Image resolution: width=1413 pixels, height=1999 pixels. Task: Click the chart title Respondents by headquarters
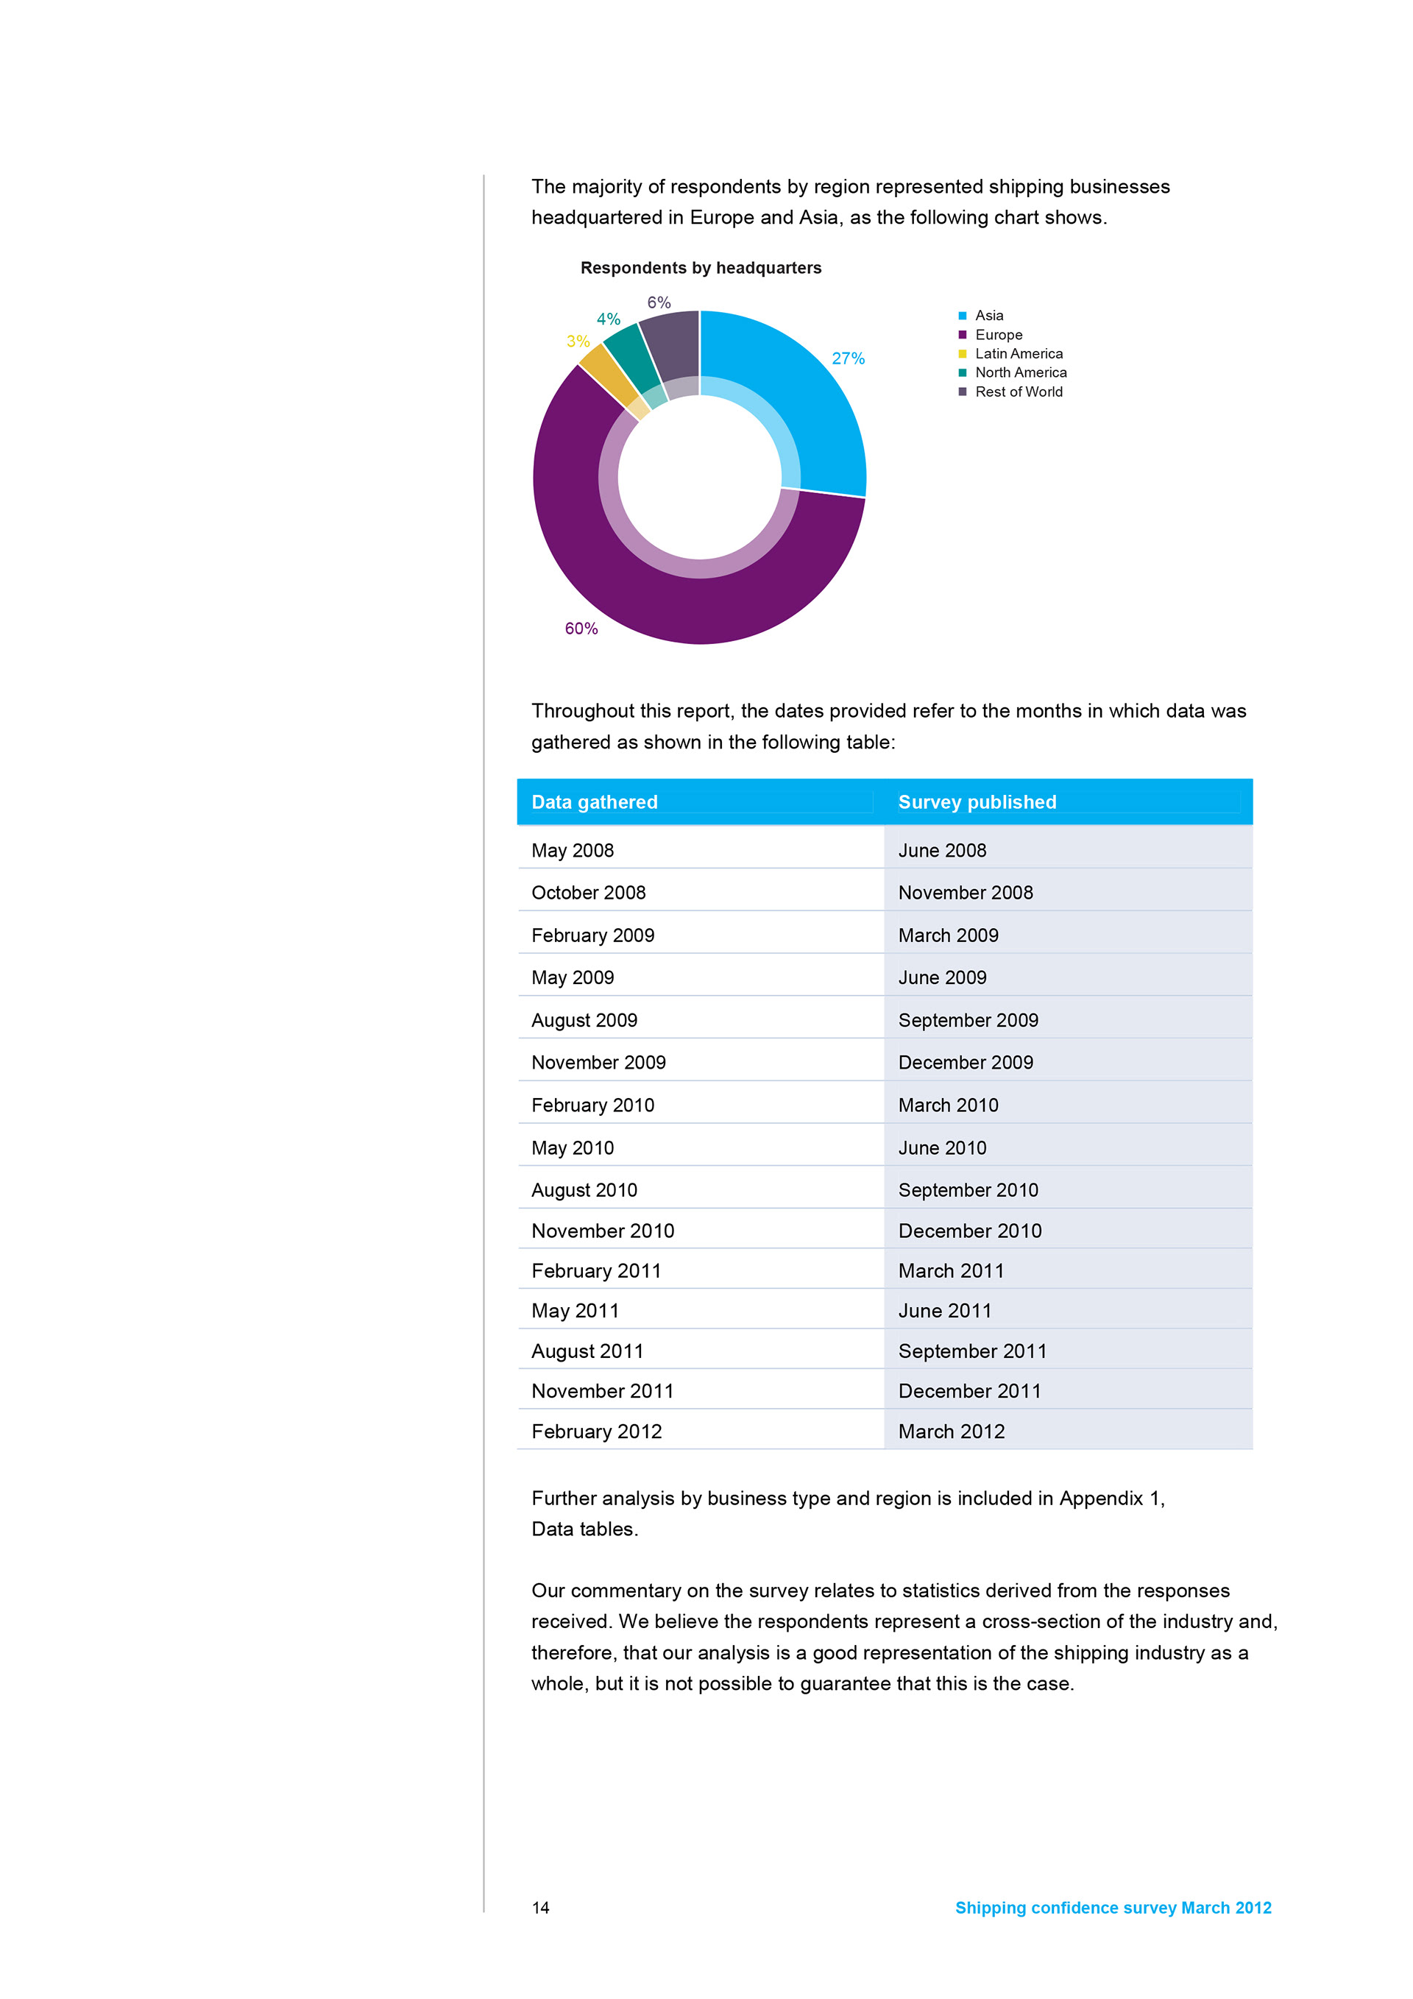pos(700,268)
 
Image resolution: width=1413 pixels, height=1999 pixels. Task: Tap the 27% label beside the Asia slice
pos(847,358)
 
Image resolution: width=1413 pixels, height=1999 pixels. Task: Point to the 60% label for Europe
pos(581,629)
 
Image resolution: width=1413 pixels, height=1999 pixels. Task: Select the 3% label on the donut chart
pos(577,342)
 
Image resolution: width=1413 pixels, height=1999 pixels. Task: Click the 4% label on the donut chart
pos(608,319)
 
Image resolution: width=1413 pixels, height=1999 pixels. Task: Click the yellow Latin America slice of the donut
pos(599,367)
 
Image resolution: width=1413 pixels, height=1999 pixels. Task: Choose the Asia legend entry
pos(988,315)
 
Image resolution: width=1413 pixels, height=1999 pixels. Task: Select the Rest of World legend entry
pos(1018,392)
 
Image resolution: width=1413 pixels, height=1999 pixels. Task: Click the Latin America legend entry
pos(1018,353)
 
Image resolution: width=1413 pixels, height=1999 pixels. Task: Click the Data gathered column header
pos(595,802)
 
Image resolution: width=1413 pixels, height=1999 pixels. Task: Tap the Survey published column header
pos(977,802)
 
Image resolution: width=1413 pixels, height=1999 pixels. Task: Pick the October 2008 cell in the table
pos(589,892)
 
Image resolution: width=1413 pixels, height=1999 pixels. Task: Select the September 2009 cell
pos(968,1020)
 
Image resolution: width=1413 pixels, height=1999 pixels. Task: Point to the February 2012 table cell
pos(596,1432)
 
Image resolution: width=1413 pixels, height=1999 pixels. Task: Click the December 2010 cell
pos(969,1231)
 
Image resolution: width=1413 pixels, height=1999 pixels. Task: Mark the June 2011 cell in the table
pos(945,1311)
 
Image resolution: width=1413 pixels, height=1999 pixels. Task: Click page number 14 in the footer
pos(541,1908)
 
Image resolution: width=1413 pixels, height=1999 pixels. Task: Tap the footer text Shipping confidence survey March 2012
pos(1113,1908)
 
